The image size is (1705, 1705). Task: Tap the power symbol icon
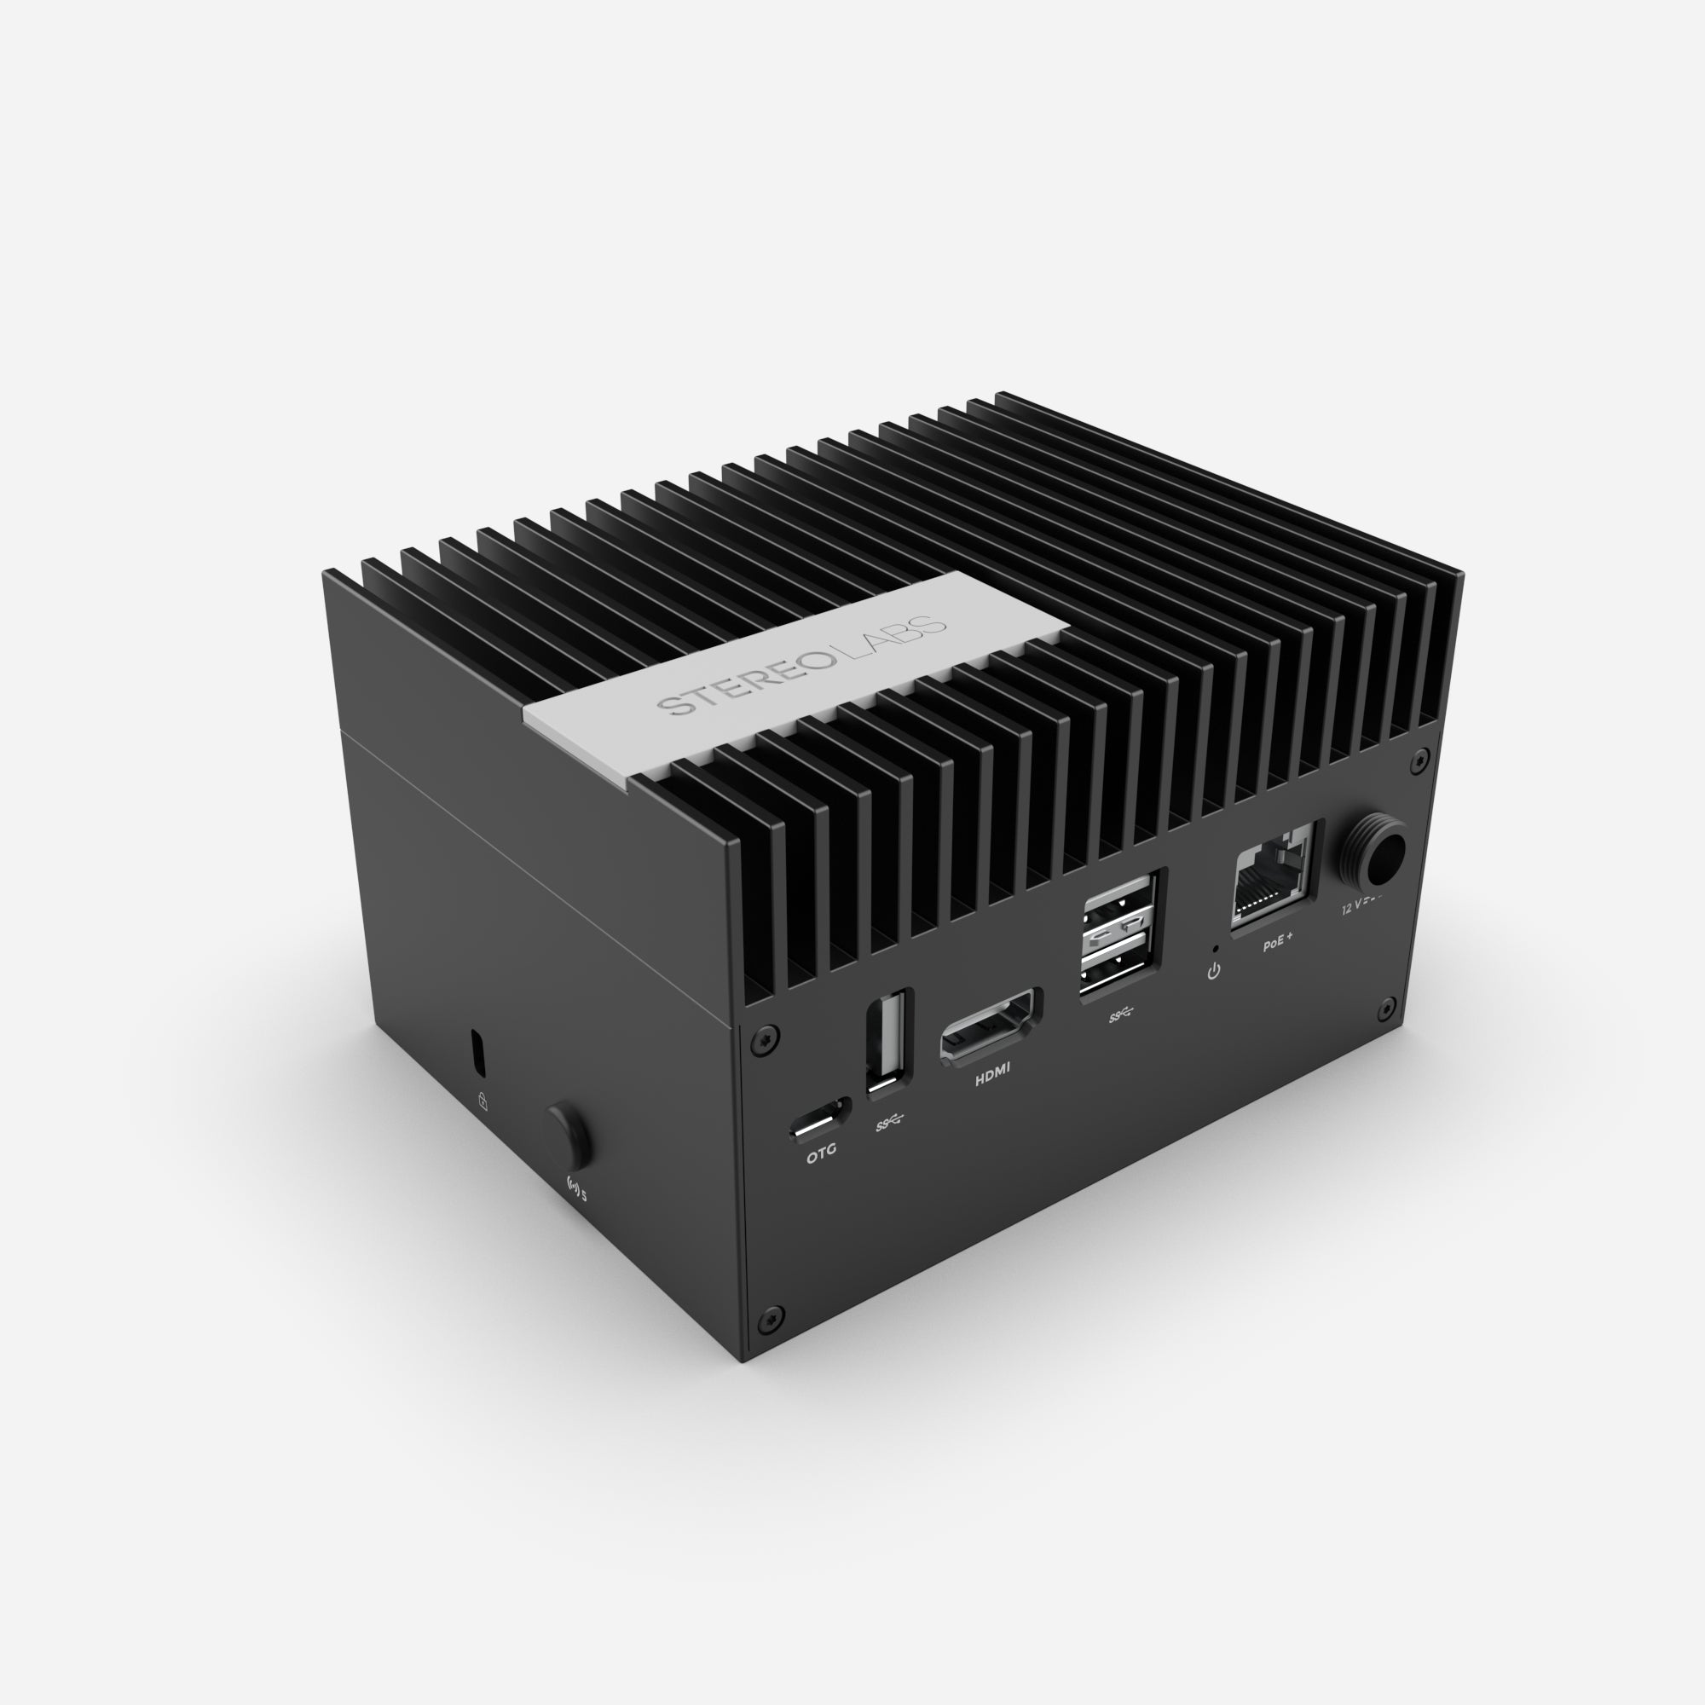pos(1214,972)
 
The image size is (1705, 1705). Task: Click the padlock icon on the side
pos(483,1101)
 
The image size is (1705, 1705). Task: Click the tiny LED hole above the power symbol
pos(1217,949)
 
